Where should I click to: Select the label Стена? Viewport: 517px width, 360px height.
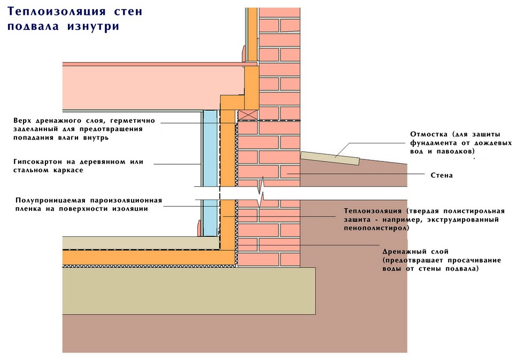pyautogui.click(x=441, y=175)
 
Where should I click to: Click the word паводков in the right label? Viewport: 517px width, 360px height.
pyautogui.click(x=453, y=152)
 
